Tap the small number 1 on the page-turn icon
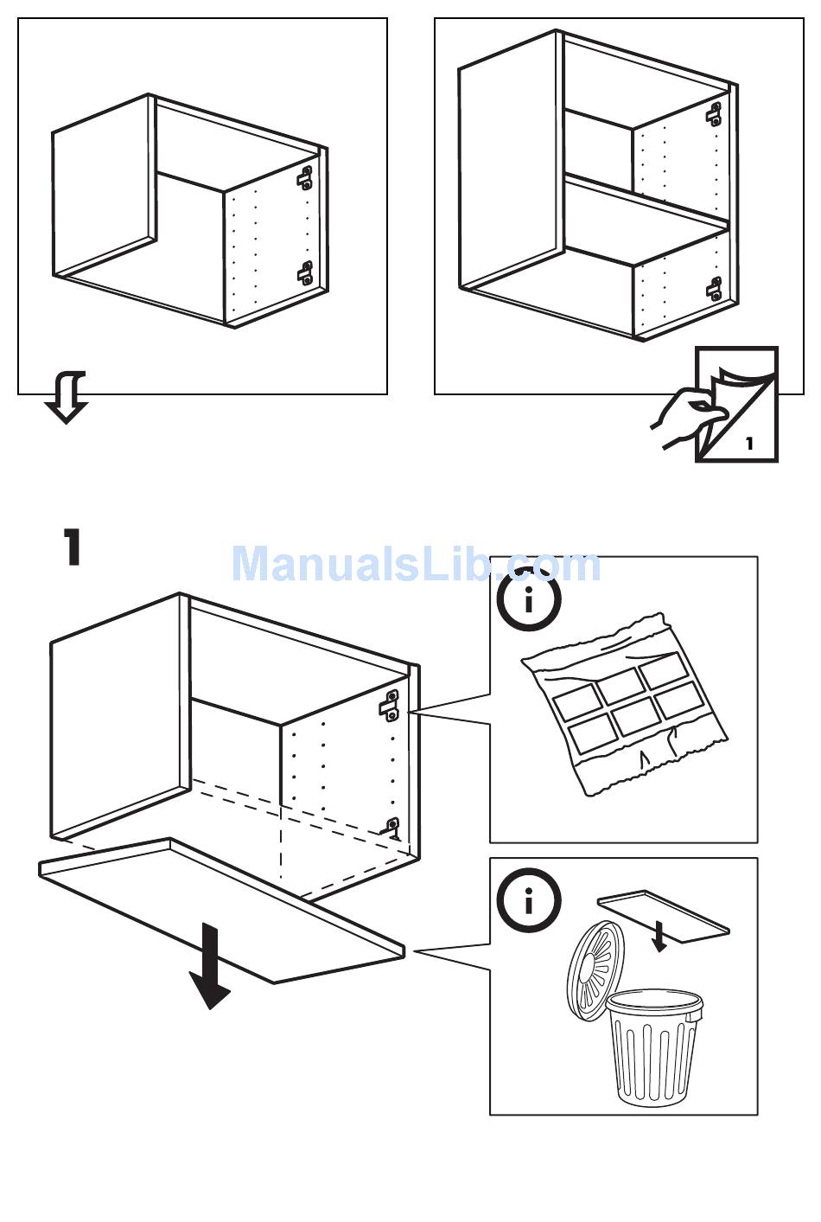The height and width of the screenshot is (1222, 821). coord(749,444)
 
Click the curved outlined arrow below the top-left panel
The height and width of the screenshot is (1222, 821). coord(67,397)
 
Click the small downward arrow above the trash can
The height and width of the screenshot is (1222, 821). coord(659,936)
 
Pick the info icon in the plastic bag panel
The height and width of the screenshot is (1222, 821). coord(528,599)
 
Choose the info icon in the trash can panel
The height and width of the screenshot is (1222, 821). coord(528,900)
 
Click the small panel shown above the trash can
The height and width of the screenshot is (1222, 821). coord(664,917)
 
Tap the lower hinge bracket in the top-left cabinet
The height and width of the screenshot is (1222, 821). coord(305,272)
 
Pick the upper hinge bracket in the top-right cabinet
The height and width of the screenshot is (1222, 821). coord(714,113)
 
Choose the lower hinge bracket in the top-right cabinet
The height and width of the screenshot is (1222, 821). coord(714,288)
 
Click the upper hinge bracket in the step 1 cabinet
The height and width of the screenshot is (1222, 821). coord(389,706)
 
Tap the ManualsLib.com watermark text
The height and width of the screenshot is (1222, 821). coord(417,564)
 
